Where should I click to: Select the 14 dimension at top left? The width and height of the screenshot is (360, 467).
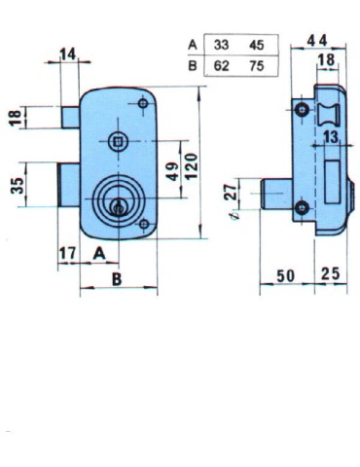[68, 54]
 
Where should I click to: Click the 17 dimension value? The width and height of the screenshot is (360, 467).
[67, 254]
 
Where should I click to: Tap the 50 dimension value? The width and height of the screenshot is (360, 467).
[284, 275]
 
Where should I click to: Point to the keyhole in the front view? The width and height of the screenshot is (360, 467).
[120, 205]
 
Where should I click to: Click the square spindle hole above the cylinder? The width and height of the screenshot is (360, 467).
[118, 142]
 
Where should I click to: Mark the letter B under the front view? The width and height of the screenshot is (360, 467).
[118, 276]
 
